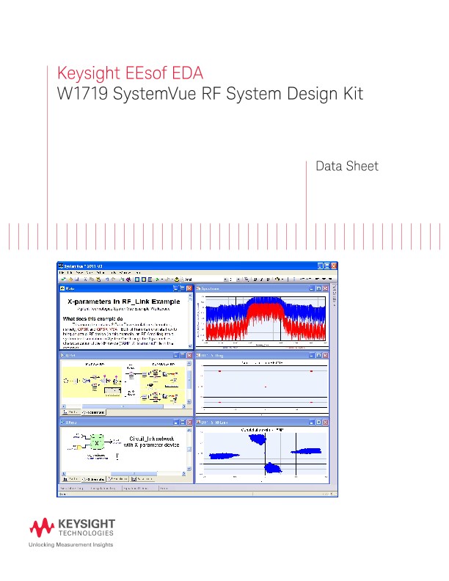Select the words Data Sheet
tap(346, 167)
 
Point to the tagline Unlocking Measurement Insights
tap(70, 546)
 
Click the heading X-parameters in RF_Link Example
tap(121, 302)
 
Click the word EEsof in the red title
tap(143, 74)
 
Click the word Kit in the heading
tap(350, 94)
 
